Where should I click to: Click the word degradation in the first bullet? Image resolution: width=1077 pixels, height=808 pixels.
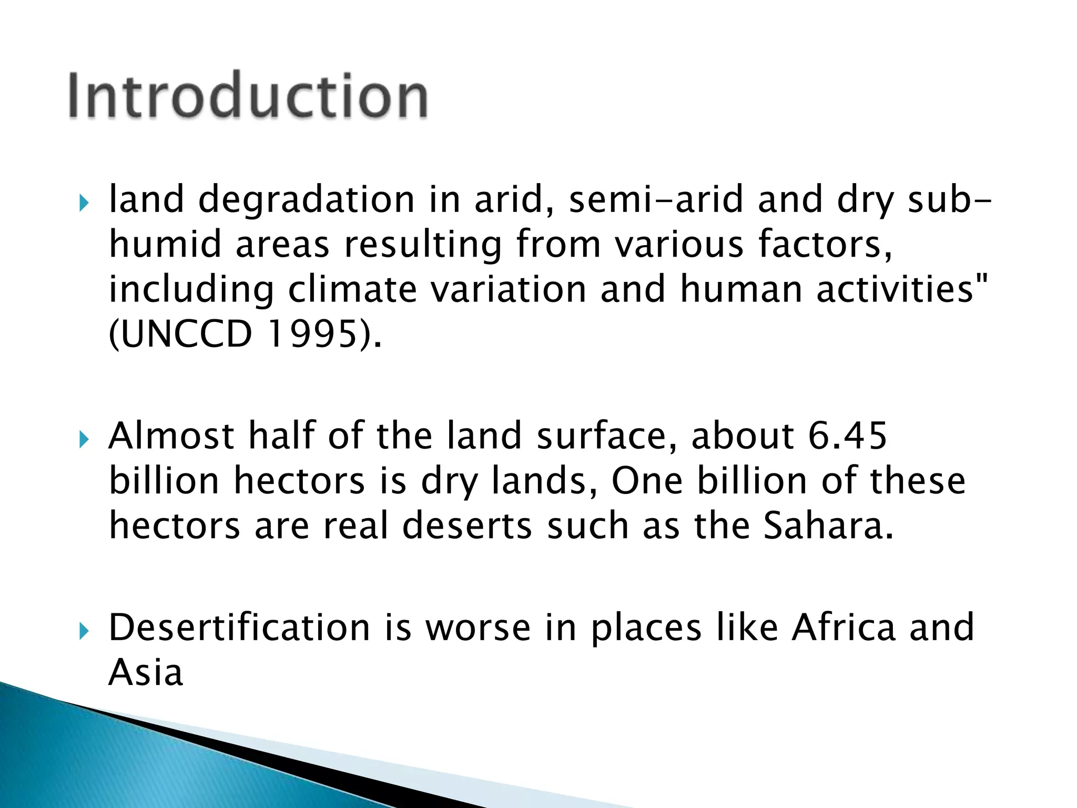point(307,200)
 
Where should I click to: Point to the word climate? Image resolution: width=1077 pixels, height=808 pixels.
point(352,290)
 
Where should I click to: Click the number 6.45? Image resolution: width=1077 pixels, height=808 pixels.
point(847,436)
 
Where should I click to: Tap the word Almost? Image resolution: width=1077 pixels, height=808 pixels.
point(171,436)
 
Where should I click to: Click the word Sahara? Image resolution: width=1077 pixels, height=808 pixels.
point(828,526)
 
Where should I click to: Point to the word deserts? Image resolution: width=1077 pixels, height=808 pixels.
point(467,526)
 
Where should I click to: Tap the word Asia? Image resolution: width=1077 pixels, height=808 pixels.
point(146,672)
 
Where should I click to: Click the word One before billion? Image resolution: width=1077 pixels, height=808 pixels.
point(647,481)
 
